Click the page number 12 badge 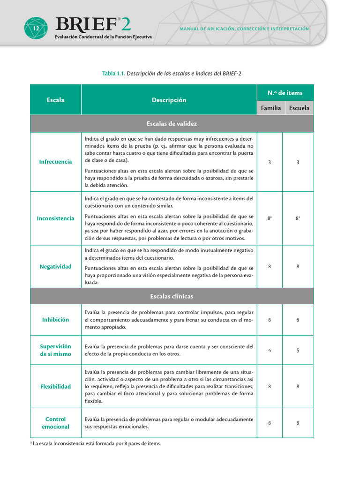(36, 29)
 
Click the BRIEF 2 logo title (93, 24)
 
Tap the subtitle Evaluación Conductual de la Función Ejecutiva (103, 37)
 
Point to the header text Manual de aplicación (244, 29)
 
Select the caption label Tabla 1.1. (113, 74)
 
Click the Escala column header (56, 100)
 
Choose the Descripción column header (169, 100)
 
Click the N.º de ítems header (285, 93)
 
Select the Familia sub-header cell (271, 108)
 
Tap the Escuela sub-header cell (299, 108)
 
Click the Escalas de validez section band (172, 124)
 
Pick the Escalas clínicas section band (172, 296)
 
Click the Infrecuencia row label (56, 162)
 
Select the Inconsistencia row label (56, 218)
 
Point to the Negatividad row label (56, 267)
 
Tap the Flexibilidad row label (56, 387)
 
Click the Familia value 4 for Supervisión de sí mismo (270, 350)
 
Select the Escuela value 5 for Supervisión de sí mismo (298, 350)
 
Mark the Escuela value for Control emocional (298, 423)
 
